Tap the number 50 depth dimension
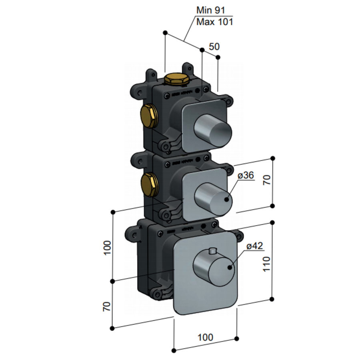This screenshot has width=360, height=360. coord(214,46)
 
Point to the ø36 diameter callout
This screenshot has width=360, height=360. coord(245,176)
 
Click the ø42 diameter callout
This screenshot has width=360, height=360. coord(254,246)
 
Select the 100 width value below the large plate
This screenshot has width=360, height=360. coord(205,337)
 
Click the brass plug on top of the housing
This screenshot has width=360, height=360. coord(176,78)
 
